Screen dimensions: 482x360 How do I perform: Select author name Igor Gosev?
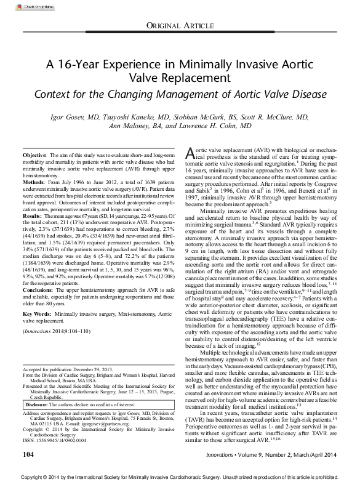[x=87, y=117]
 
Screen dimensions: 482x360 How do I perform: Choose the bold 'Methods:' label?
[x=33, y=183]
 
